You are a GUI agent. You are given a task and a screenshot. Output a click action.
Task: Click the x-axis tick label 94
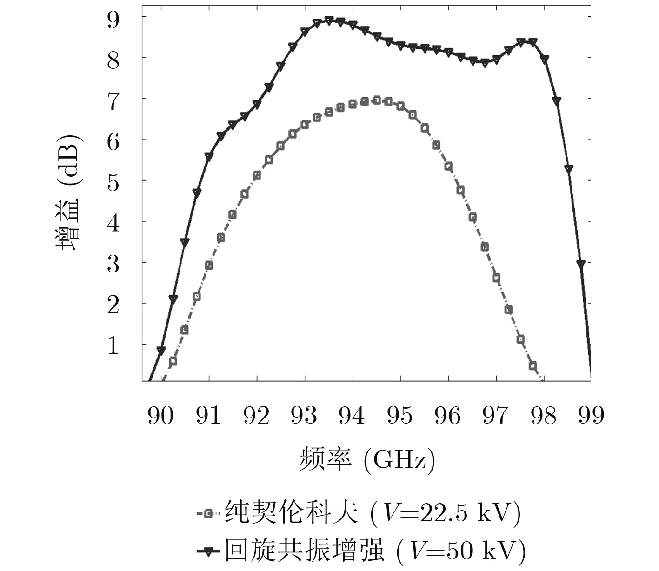click(x=352, y=415)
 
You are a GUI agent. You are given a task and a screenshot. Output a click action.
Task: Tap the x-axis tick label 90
click(x=160, y=415)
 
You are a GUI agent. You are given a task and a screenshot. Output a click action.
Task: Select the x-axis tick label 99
click(x=591, y=415)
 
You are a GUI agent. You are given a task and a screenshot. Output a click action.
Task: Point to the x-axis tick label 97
click(x=495, y=415)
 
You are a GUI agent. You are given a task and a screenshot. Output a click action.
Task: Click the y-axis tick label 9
click(x=113, y=20)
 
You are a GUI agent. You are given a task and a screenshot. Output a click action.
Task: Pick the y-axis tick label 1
click(x=113, y=346)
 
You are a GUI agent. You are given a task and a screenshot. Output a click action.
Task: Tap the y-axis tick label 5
click(x=113, y=183)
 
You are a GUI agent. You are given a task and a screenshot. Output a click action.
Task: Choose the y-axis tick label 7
click(x=113, y=101)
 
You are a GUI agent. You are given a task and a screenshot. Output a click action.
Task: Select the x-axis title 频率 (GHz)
click(x=367, y=459)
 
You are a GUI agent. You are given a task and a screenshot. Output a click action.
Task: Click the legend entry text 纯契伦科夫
click(x=291, y=513)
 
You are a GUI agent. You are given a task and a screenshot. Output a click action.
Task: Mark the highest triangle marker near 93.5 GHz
click(x=329, y=20)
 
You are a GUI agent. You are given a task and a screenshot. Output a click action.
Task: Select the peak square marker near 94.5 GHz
click(x=377, y=100)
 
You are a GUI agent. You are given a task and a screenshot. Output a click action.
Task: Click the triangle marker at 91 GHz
click(x=209, y=156)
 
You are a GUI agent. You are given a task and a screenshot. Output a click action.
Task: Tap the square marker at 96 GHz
click(x=448, y=166)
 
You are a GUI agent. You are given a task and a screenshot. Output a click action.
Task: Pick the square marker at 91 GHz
click(x=209, y=265)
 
